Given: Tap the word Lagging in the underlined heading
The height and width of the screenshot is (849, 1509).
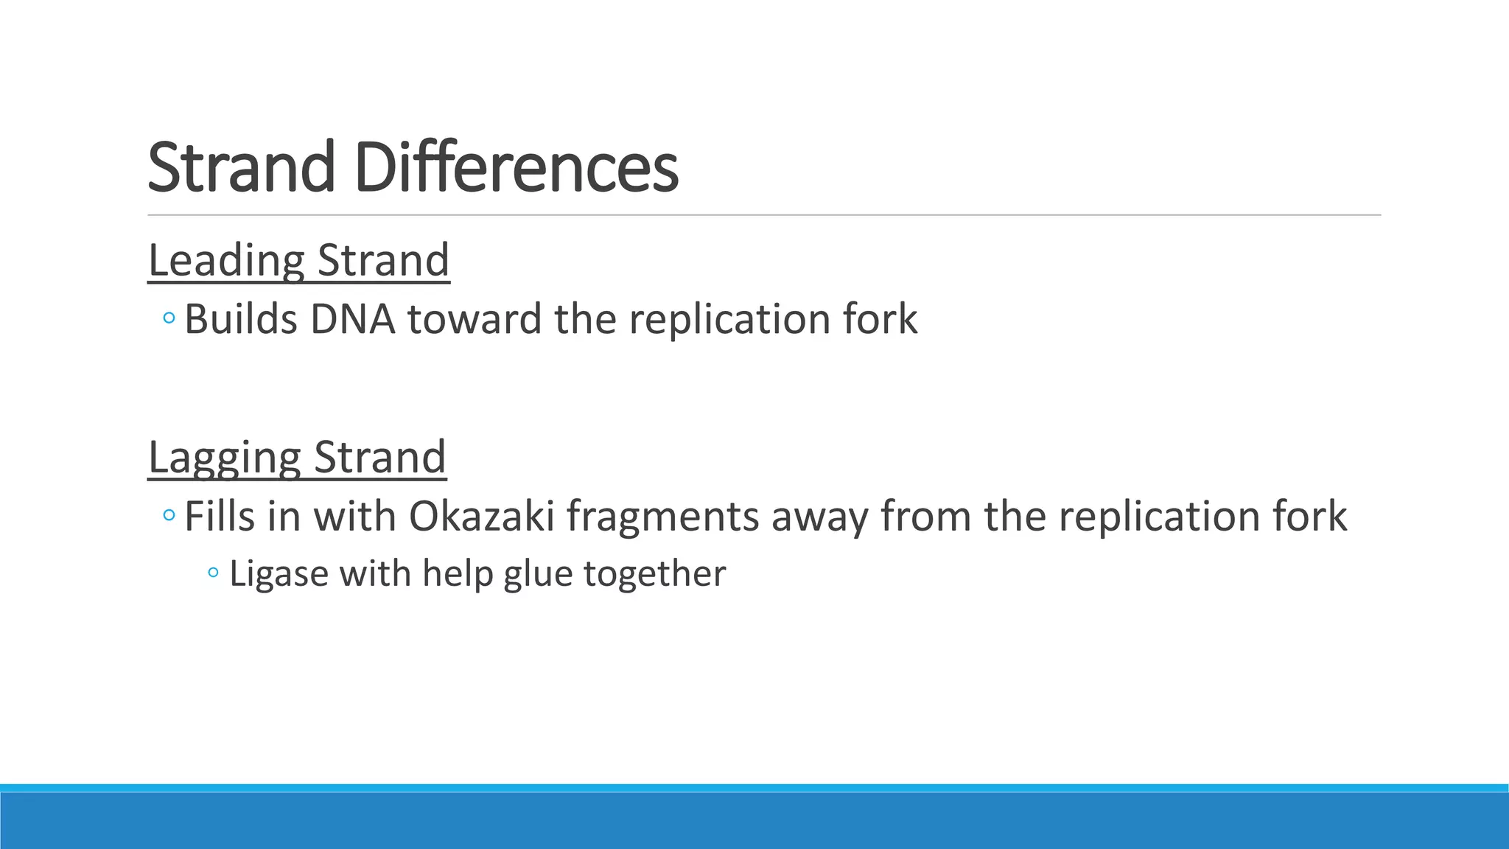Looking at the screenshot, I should tap(225, 458).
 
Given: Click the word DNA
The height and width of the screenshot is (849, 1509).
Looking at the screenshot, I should tap(352, 320).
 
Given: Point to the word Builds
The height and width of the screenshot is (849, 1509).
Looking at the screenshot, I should tap(241, 320).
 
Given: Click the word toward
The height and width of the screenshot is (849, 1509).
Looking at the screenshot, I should tap(475, 320).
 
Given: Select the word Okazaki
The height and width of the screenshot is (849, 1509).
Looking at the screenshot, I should tap(480, 516).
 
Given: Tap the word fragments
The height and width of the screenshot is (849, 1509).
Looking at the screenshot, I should tap(662, 517).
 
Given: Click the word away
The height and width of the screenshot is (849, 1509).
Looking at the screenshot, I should tap(819, 517).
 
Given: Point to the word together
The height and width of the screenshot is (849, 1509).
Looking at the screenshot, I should tap(654, 574).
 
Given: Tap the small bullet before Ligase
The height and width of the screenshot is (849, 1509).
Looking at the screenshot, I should tap(214, 573).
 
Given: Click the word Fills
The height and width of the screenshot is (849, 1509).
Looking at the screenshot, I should tap(219, 516).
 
